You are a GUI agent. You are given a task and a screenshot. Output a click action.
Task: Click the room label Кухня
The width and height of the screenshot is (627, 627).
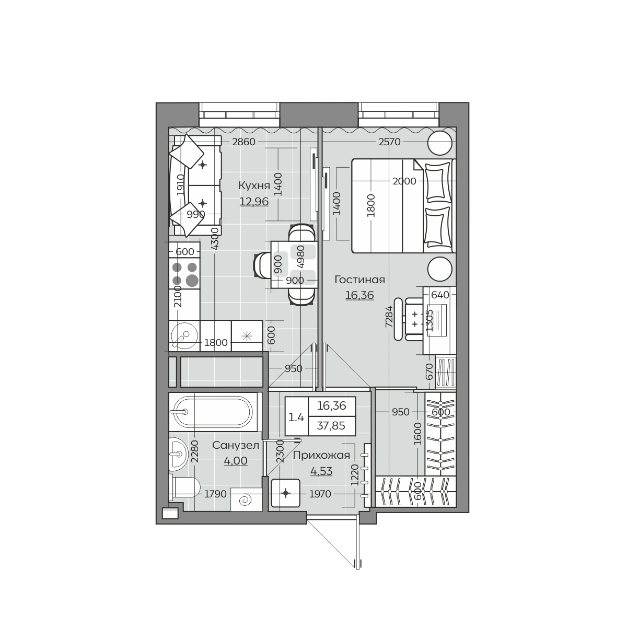pyautogui.click(x=254, y=185)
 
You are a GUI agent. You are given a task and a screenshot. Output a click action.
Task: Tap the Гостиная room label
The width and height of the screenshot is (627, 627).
pyautogui.click(x=359, y=280)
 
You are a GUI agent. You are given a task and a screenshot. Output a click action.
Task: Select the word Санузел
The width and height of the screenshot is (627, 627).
pyautogui.click(x=236, y=445)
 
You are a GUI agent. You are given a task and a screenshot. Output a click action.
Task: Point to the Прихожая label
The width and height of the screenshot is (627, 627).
pyautogui.click(x=321, y=456)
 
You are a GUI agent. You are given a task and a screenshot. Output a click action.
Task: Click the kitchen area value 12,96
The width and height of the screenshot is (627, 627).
pyautogui.click(x=254, y=202)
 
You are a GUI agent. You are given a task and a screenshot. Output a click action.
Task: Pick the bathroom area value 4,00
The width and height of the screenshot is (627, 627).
pyautogui.click(x=236, y=461)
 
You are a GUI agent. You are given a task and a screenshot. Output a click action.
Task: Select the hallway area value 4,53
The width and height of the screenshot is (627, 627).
pyautogui.click(x=321, y=471)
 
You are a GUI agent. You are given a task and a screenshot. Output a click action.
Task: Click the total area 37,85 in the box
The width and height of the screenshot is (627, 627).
pyautogui.click(x=331, y=426)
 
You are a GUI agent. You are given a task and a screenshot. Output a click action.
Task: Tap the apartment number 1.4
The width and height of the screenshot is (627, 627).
pyautogui.click(x=296, y=417)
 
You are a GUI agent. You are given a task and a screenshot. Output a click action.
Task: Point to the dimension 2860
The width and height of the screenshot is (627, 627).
pyautogui.click(x=243, y=142)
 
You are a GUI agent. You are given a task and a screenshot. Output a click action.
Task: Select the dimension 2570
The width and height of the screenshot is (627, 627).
pyautogui.click(x=389, y=142)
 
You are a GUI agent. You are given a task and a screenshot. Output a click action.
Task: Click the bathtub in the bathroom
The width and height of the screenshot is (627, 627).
pyautogui.click(x=214, y=412)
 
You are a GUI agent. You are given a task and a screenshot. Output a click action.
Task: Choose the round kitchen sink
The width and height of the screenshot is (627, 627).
pyautogui.click(x=184, y=335)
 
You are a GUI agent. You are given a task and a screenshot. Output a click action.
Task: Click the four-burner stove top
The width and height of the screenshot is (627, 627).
pyautogui.click(x=184, y=274)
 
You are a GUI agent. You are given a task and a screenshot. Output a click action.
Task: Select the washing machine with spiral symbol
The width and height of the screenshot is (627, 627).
pyautogui.click(x=246, y=500)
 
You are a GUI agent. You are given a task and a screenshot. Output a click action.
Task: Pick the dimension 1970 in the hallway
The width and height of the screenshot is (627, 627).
pyautogui.click(x=320, y=494)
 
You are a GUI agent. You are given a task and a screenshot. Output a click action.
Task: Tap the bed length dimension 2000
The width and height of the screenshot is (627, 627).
pyautogui.click(x=404, y=181)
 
